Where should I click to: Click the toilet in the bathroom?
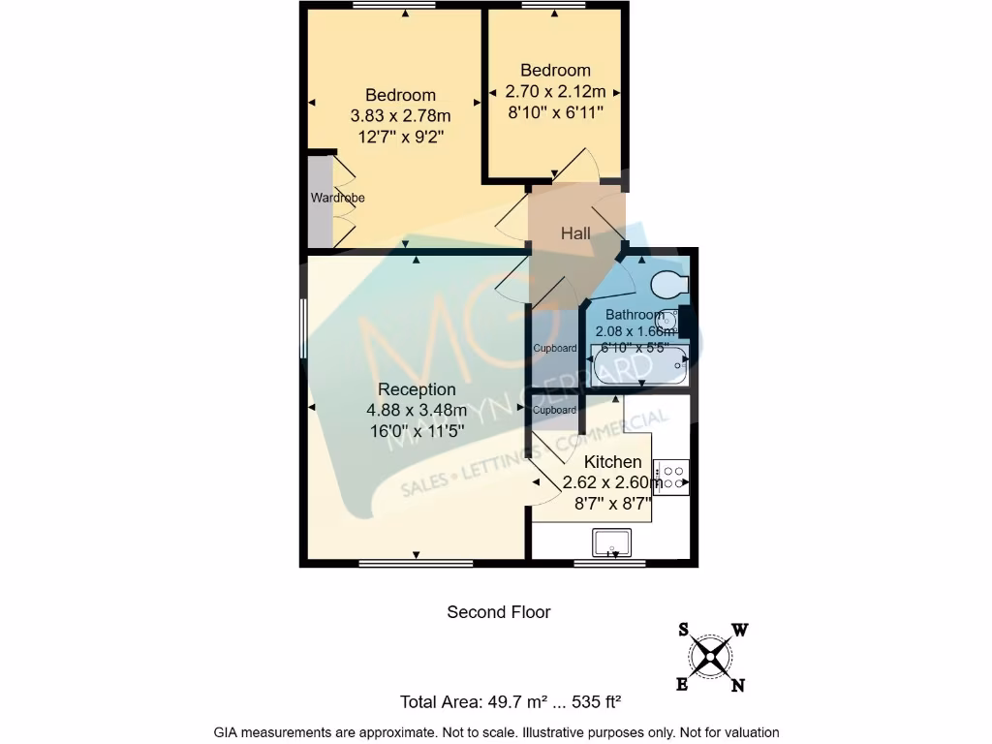click(668, 284)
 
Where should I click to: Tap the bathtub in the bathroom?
click(639, 367)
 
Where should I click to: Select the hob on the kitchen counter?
click(670, 477)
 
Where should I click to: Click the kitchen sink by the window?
click(611, 542)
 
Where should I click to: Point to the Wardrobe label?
click(337, 198)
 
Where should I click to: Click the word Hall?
click(575, 233)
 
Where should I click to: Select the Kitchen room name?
click(612, 462)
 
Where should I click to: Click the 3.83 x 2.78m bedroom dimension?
click(400, 115)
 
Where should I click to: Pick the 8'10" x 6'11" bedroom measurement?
click(555, 113)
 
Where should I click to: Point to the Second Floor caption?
click(498, 612)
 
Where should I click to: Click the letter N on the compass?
click(737, 686)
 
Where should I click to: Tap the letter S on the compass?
click(684, 630)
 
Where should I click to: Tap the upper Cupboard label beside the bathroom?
click(555, 348)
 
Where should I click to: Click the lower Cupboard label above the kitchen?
click(555, 410)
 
